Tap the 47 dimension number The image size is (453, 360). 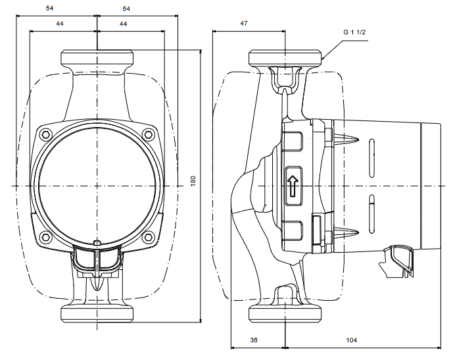click(x=244, y=23)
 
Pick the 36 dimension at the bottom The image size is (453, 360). click(x=254, y=340)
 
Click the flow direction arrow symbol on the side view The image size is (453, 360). click(x=293, y=186)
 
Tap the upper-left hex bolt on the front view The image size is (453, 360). click(x=45, y=135)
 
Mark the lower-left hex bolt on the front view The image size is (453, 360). click(x=45, y=237)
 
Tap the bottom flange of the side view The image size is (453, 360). click(x=286, y=313)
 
